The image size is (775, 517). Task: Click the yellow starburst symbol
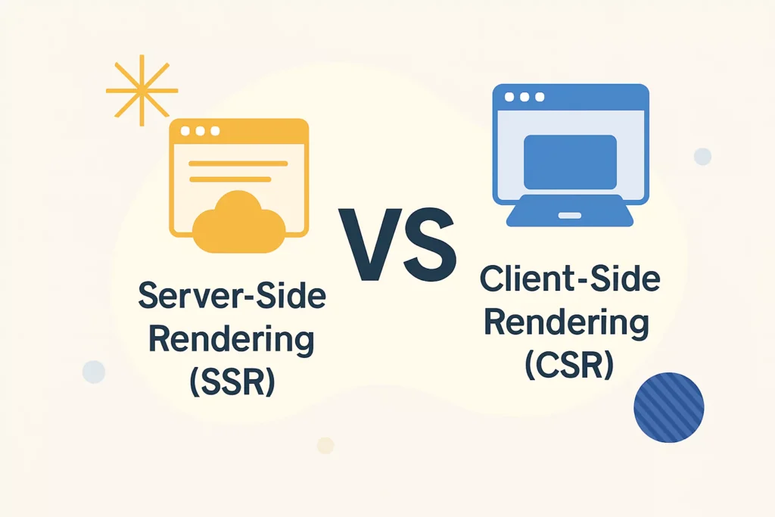click(x=142, y=91)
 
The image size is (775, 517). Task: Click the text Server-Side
click(x=232, y=296)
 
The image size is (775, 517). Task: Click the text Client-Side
click(x=570, y=280)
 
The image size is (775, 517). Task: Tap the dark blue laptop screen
click(x=570, y=162)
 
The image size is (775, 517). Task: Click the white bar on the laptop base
click(x=570, y=215)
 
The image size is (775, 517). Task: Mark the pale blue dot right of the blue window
click(x=702, y=157)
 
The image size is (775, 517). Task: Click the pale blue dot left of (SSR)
click(x=94, y=372)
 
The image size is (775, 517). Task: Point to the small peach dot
click(x=325, y=445)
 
